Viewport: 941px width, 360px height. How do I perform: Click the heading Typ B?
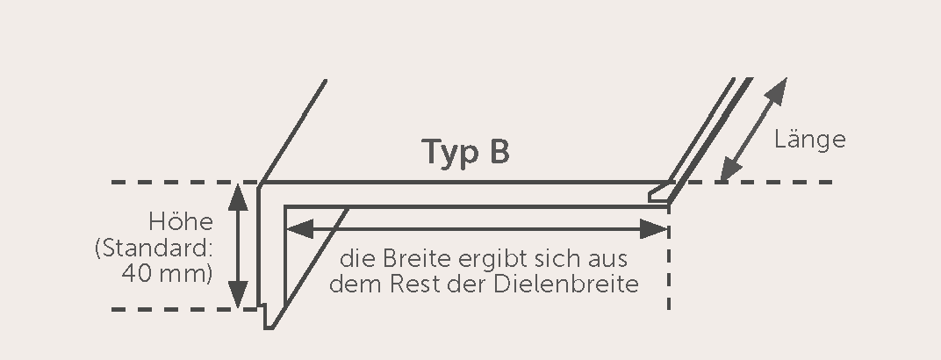tap(466, 153)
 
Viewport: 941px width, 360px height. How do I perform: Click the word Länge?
tap(809, 140)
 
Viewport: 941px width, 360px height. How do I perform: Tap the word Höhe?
tap(181, 221)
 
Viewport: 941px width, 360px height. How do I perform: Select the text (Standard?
tap(154, 248)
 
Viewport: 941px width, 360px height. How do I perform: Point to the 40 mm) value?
tap(168, 274)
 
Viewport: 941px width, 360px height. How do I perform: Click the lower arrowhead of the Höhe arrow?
tap(238, 295)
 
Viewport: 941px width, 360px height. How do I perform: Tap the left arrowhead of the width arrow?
tap(299, 228)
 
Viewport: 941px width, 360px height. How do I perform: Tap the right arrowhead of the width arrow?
tap(654, 228)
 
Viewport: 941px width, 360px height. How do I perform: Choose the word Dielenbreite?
tap(566, 284)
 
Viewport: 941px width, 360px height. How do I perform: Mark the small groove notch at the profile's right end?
tap(660, 194)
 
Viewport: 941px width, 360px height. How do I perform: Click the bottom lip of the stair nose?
tap(269, 317)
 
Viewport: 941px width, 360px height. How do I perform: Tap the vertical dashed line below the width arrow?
tap(669, 270)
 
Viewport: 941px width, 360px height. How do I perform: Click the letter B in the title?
tap(499, 152)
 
